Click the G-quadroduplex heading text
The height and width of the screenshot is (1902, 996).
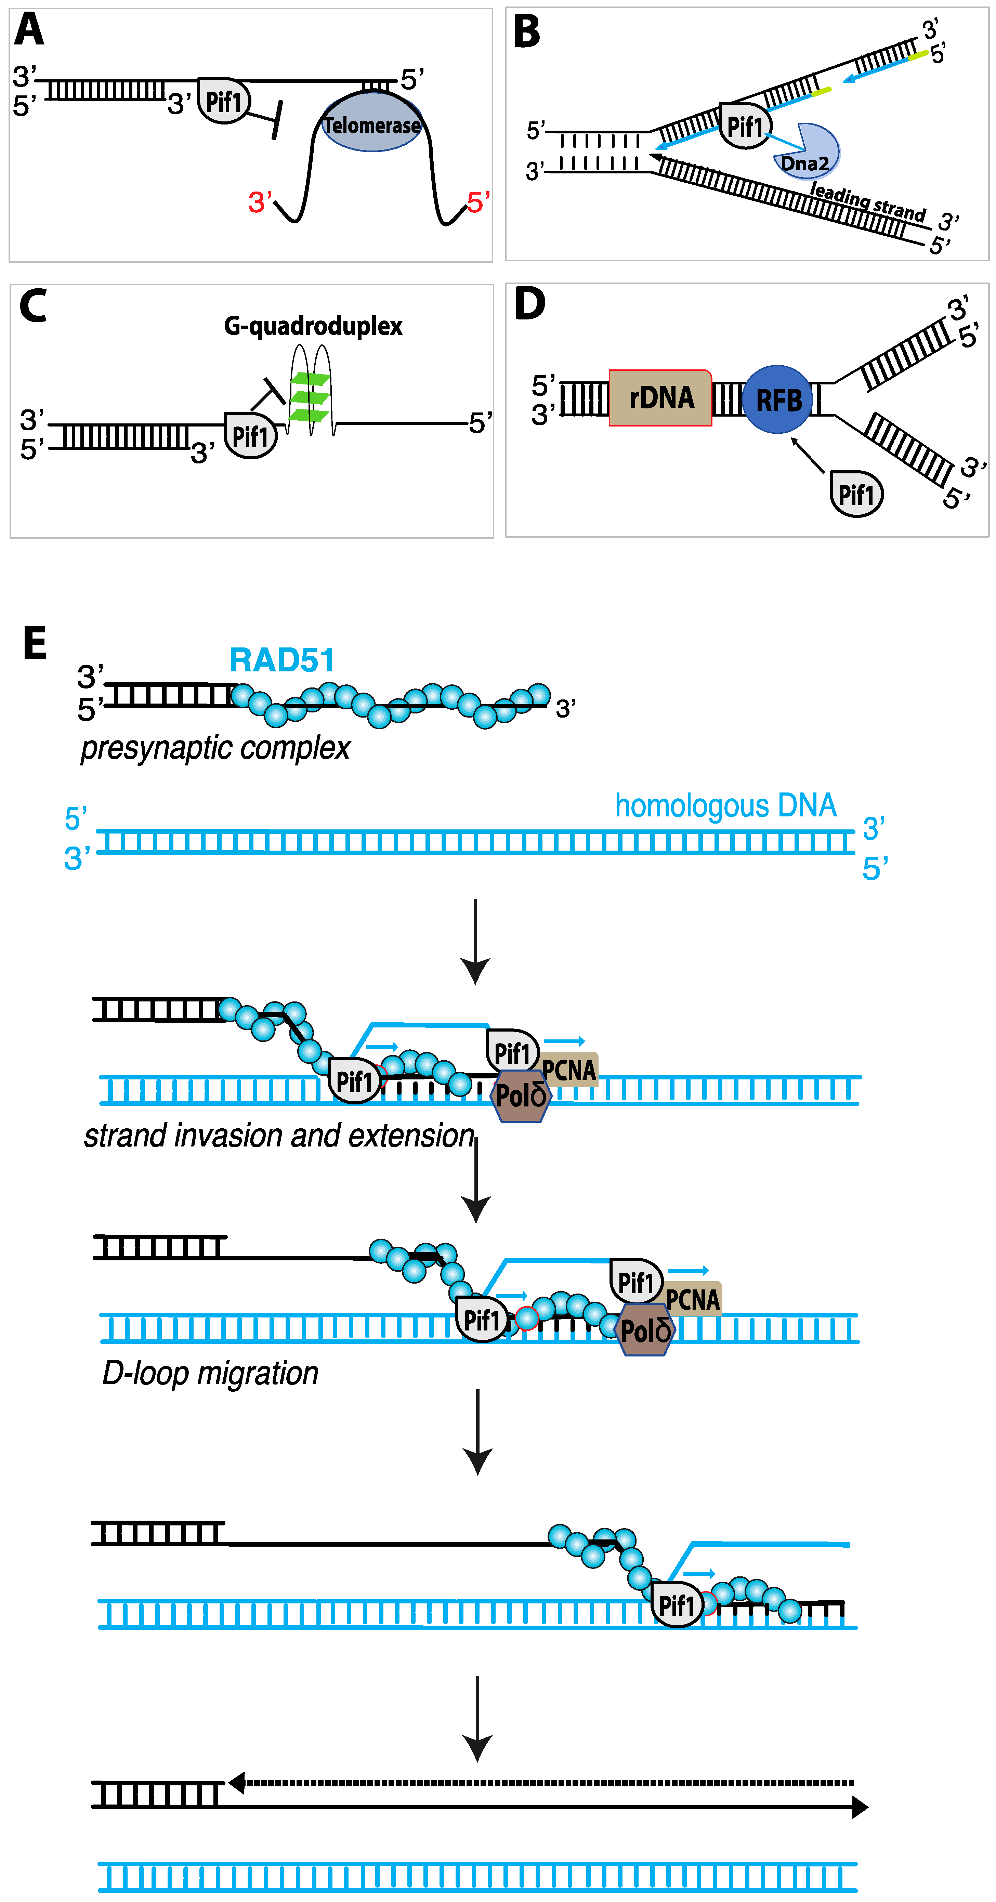(x=313, y=326)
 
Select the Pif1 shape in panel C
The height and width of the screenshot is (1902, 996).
(x=250, y=436)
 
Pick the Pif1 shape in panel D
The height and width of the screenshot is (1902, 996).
(x=856, y=494)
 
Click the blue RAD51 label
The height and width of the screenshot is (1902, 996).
(x=281, y=659)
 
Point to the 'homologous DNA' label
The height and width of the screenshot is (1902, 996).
(x=725, y=805)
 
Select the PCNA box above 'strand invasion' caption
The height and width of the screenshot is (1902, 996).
(x=568, y=1069)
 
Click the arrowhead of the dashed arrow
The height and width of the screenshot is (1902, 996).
(x=236, y=1782)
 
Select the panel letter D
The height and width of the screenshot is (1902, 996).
(x=529, y=304)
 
